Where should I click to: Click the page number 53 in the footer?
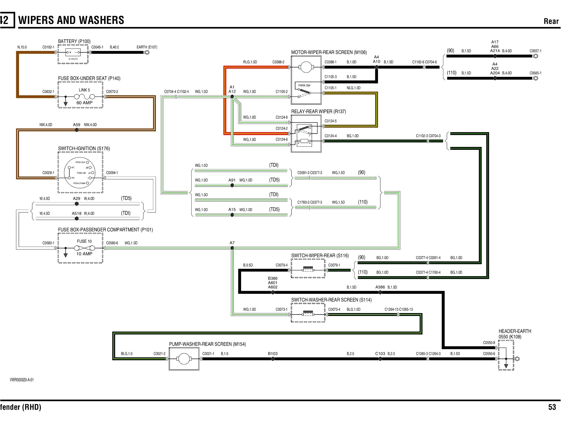point(552,407)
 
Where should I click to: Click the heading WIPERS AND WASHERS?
point(71,20)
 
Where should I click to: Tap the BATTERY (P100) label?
point(74,42)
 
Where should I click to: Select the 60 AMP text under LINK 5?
point(84,103)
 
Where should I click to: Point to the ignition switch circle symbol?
point(80,173)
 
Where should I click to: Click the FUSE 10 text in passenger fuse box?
point(84,241)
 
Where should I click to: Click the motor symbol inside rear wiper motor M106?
point(306,67)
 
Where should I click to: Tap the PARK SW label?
point(304,85)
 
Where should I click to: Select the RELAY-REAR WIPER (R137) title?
point(318,112)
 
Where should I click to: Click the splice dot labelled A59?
point(77,130)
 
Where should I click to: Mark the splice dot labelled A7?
point(232,248)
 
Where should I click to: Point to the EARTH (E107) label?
point(147,47)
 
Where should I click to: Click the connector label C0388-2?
point(278,62)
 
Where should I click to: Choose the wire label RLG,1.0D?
point(250,62)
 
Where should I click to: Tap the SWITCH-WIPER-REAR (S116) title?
point(320,256)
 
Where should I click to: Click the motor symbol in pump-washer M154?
point(184,359)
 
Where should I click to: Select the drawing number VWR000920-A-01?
point(22,380)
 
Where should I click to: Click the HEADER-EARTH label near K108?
point(515,331)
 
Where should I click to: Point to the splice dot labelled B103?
point(273,359)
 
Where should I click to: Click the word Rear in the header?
point(551,21)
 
